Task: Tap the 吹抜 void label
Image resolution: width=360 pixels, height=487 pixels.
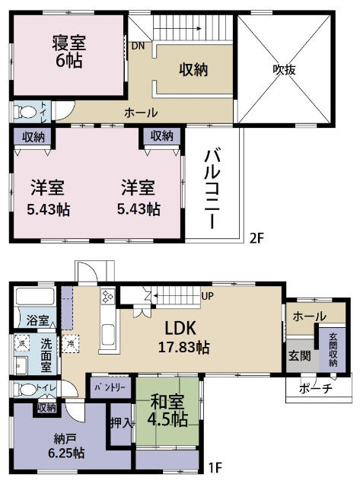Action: pyautogui.click(x=285, y=68)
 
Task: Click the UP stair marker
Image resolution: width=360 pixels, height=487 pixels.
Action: pyautogui.click(x=207, y=295)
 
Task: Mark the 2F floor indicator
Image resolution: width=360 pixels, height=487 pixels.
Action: pyautogui.click(x=256, y=237)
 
